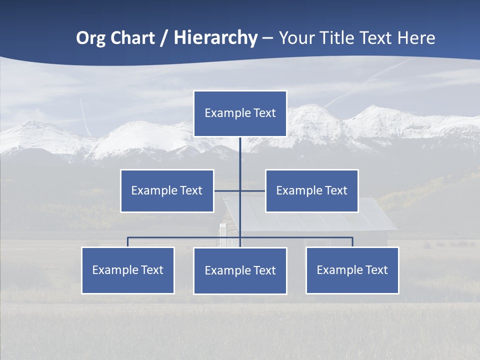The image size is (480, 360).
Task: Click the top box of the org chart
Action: point(240,113)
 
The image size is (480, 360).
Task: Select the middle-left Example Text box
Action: point(167,190)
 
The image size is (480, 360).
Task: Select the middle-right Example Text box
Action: point(311,190)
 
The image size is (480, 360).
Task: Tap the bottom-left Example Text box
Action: point(128,270)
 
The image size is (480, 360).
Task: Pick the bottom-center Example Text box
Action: point(240,271)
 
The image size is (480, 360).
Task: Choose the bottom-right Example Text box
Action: point(352,270)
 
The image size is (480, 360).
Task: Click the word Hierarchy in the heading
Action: point(215,38)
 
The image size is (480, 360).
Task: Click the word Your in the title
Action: point(296,38)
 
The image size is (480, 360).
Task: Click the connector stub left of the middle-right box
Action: point(253,190)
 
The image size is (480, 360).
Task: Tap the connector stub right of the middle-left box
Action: point(226,190)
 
